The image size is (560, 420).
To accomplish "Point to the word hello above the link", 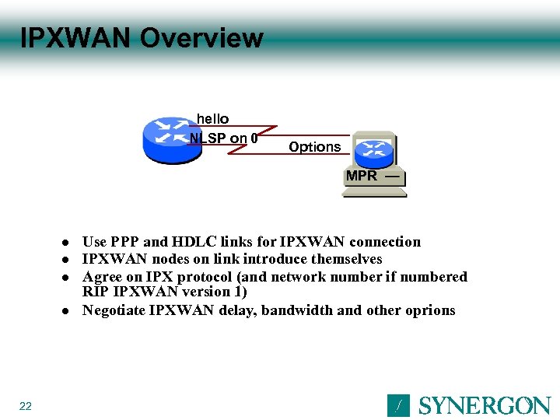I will coord(212,119).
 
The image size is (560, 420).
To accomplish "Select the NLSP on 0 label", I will coord(224,138).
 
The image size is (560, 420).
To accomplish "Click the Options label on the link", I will coord(314,147).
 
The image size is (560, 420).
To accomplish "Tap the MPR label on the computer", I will coord(362,176).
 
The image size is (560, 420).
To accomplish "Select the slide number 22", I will coord(26,406).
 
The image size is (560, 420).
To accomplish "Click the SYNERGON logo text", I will coord(485,405).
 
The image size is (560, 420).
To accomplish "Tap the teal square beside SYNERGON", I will coord(398,405).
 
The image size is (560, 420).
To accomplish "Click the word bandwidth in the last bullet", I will coord(296,310).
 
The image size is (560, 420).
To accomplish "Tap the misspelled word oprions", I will coord(430,310).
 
